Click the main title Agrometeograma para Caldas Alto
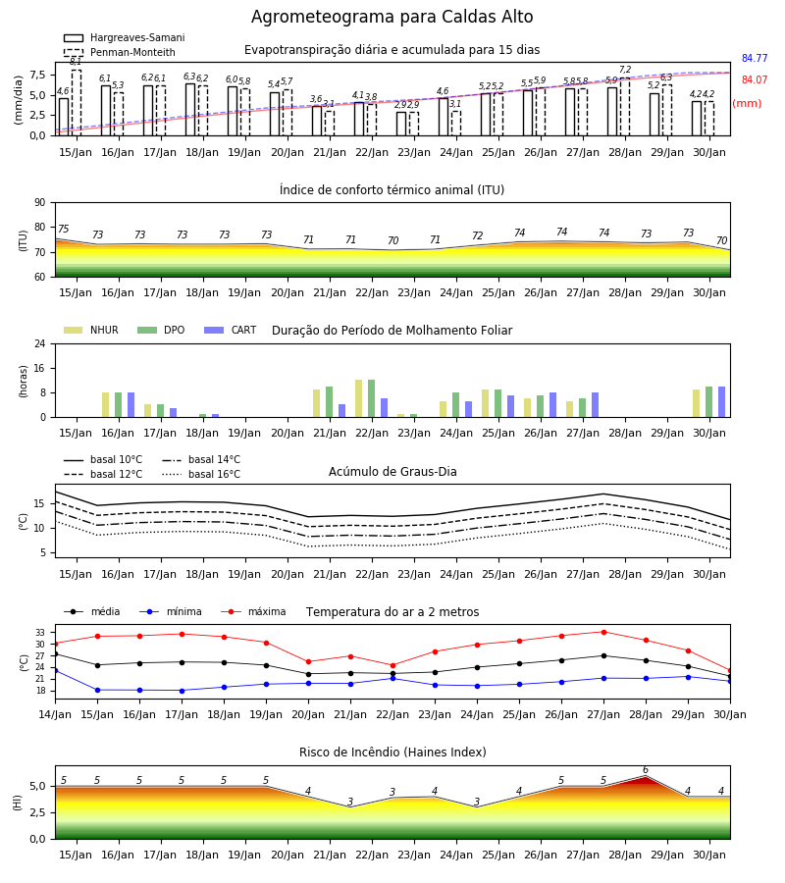[x=392, y=17]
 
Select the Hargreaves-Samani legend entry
[x=125, y=37]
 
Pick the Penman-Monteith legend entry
[x=120, y=52]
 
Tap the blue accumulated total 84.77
[x=755, y=58]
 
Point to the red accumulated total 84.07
[x=755, y=79]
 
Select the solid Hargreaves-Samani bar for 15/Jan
[x=64, y=117]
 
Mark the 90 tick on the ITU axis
[x=39, y=203]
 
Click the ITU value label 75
[x=63, y=229]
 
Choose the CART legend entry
[x=231, y=330]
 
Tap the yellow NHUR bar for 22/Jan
[x=359, y=398]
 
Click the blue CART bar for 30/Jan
[x=721, y=402]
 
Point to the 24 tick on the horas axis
[x=39, y=343]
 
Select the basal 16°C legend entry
[x=201, y=474]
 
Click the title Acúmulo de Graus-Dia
[x=392, y=471]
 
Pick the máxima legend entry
[x=254, y=611]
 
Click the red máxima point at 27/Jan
[x=603, y=632]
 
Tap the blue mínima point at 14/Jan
[x=55, y=671]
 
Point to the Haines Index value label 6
[x=646, y=770]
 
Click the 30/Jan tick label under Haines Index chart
[x=709, y=855]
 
